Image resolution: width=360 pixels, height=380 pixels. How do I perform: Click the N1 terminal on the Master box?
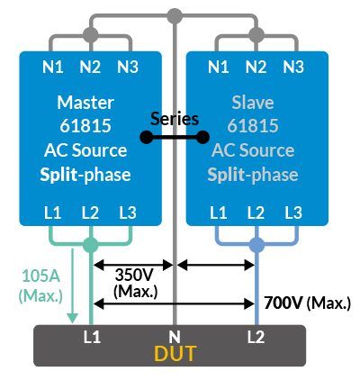pos(53,67)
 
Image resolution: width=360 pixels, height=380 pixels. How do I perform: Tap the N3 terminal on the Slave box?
pos(293,67)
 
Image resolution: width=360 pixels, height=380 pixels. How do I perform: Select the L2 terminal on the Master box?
pos(90,213)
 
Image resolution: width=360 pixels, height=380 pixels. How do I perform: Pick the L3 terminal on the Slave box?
pos(293,213)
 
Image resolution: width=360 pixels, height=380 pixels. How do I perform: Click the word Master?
pos(85,103)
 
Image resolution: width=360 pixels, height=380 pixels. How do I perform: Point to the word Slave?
pos(253,103)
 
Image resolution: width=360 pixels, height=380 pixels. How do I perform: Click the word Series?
pos(175,119)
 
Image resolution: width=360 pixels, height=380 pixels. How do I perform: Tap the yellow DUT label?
pos(175,354)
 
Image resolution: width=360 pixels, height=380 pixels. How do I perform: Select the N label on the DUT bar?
pos(175,337)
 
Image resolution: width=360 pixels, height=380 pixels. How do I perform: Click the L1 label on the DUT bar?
pos(92,337)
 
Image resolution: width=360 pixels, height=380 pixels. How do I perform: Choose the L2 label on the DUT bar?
pos(256,337)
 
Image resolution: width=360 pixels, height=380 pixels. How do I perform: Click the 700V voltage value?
pos(283,303)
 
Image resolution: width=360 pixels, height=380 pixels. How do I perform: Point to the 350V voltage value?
pos(134,275)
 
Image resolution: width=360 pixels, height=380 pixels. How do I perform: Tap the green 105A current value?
pos(41,276)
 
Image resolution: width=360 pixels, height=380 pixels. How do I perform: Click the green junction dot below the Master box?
pos(90,245)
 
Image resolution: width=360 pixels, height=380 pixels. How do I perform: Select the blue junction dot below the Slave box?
pos(256,245)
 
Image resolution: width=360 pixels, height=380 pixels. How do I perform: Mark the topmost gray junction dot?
pos(175,15)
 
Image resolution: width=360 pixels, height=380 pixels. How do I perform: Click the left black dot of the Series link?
pos(147,137)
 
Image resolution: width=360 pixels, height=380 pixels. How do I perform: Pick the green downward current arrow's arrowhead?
pos(72,318)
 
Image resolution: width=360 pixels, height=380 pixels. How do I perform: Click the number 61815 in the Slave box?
pos(253,125)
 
